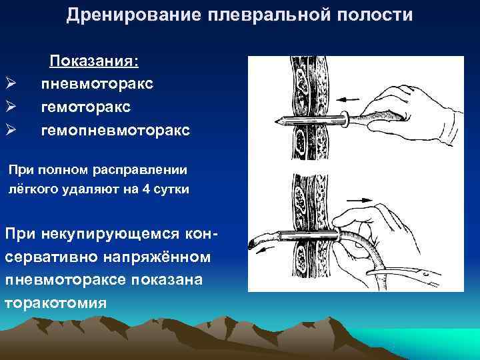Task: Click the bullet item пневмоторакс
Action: pyautogui.click(x=97, y=84)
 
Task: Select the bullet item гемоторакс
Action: pyautogui.click(x=85, y=107)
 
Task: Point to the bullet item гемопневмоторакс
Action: pyautogui.click(x=115, y=129)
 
